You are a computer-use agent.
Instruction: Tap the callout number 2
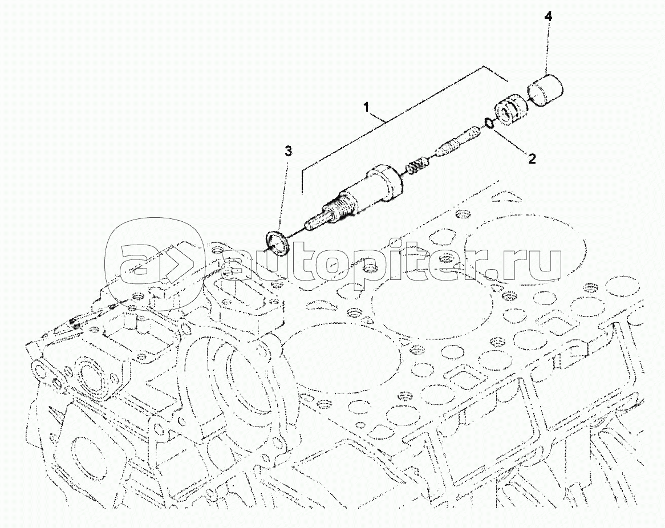531,159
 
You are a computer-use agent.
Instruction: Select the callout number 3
288,151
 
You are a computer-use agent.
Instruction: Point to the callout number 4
549,17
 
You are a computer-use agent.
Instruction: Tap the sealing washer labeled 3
277,243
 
